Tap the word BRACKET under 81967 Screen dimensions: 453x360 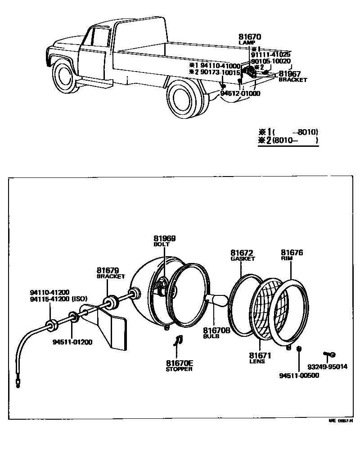(292, 80)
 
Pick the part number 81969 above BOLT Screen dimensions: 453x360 (164, 238)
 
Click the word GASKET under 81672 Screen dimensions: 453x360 (243, 259)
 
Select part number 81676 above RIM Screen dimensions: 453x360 (292, 253)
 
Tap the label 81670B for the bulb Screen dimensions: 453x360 (216, 330)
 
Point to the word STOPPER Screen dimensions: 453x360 (179, 369)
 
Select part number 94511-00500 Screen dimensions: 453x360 (299, 376)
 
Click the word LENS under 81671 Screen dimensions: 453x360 (257, 361)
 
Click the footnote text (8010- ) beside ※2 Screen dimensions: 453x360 (295, 140)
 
